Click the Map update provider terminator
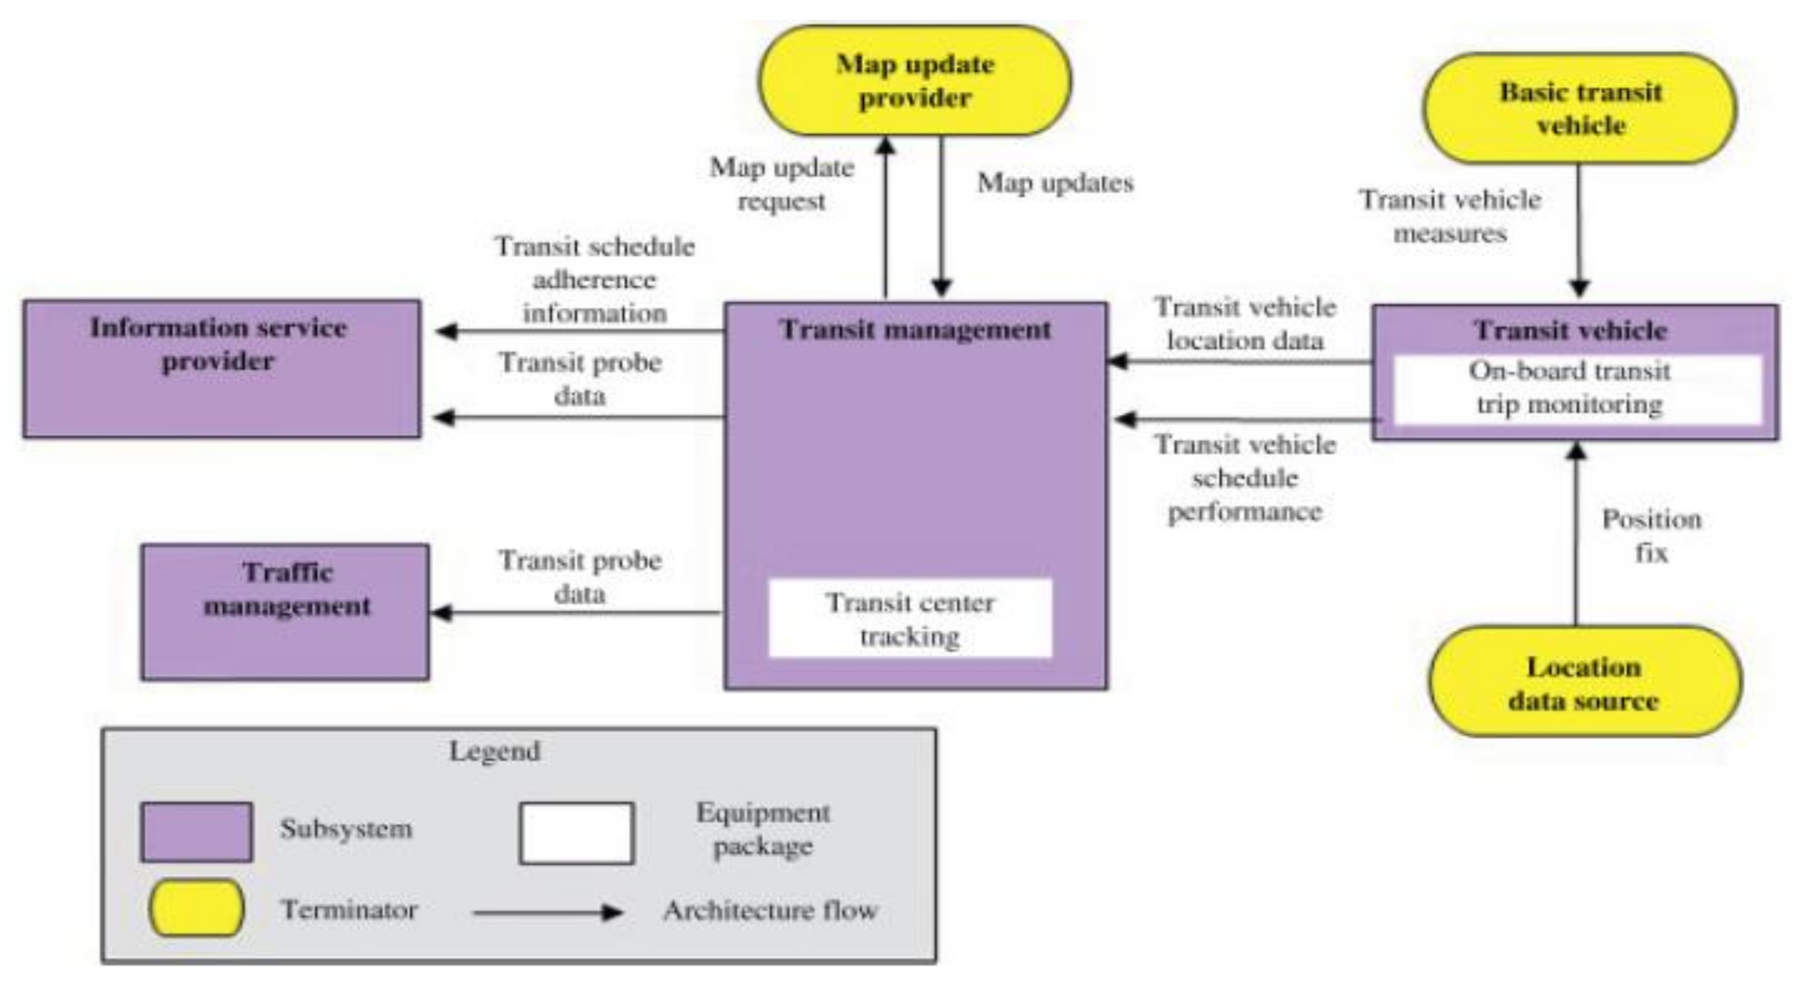click(914, 80)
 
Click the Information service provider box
click(221, 369)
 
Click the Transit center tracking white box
click(909, 618)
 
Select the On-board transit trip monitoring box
click(1570, 388)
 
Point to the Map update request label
click(782, 184)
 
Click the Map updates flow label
click(1054, 183)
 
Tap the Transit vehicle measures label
click(1450, 216)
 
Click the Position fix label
click(1651, 535)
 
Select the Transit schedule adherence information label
click(594, 280)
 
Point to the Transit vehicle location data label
click(1245, 323)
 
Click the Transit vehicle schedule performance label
click(1245, 478)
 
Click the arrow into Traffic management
click(573, 613)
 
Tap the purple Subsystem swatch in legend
click(196, 831)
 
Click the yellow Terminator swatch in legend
click(196, 907)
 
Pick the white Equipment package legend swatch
click(576, 833)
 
